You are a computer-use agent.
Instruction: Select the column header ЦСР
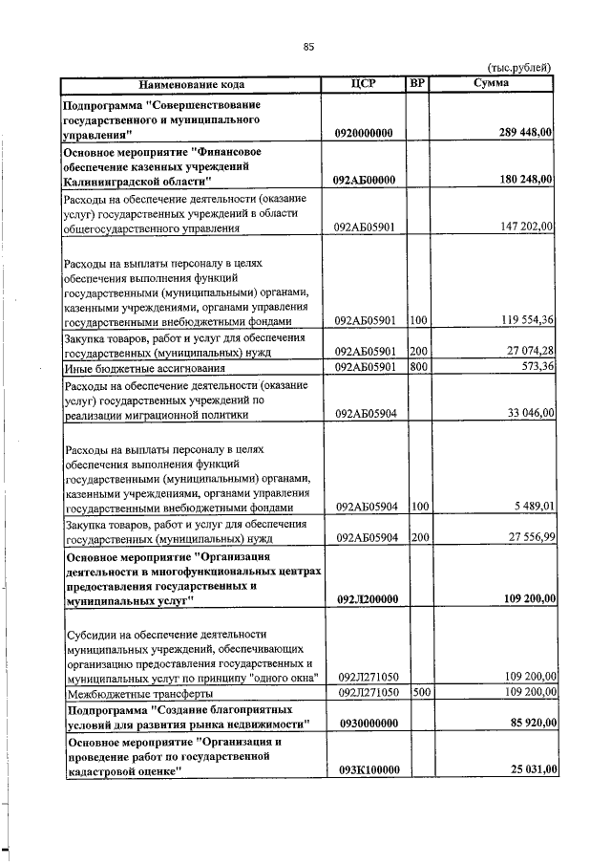364,84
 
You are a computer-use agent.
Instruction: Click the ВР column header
416,84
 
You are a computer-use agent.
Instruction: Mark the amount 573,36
535,367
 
